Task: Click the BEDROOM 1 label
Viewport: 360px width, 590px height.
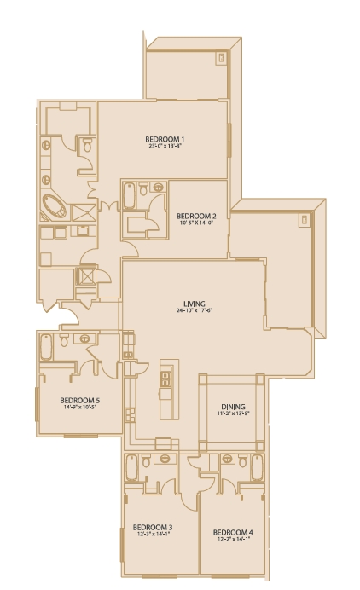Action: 165,138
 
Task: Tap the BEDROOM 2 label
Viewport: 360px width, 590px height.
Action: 196,216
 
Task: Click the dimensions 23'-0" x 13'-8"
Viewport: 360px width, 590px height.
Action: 165,146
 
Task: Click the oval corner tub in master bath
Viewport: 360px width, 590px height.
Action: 55,205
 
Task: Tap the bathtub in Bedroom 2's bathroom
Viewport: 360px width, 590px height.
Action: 129,197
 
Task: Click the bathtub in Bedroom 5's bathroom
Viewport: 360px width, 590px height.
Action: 46,347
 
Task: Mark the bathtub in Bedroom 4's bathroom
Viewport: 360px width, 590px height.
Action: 256,470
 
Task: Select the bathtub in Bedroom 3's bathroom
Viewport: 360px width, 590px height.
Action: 131,470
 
